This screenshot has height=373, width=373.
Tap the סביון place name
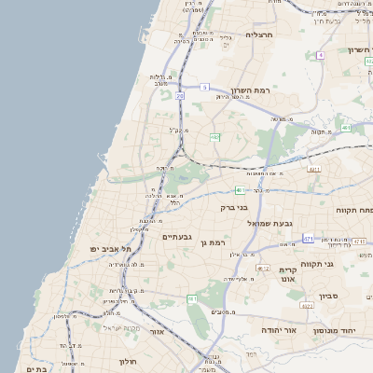331,297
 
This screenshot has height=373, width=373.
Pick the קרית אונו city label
287,274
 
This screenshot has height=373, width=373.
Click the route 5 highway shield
204,87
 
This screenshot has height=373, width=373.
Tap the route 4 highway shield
320,55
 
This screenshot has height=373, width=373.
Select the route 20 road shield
180,95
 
